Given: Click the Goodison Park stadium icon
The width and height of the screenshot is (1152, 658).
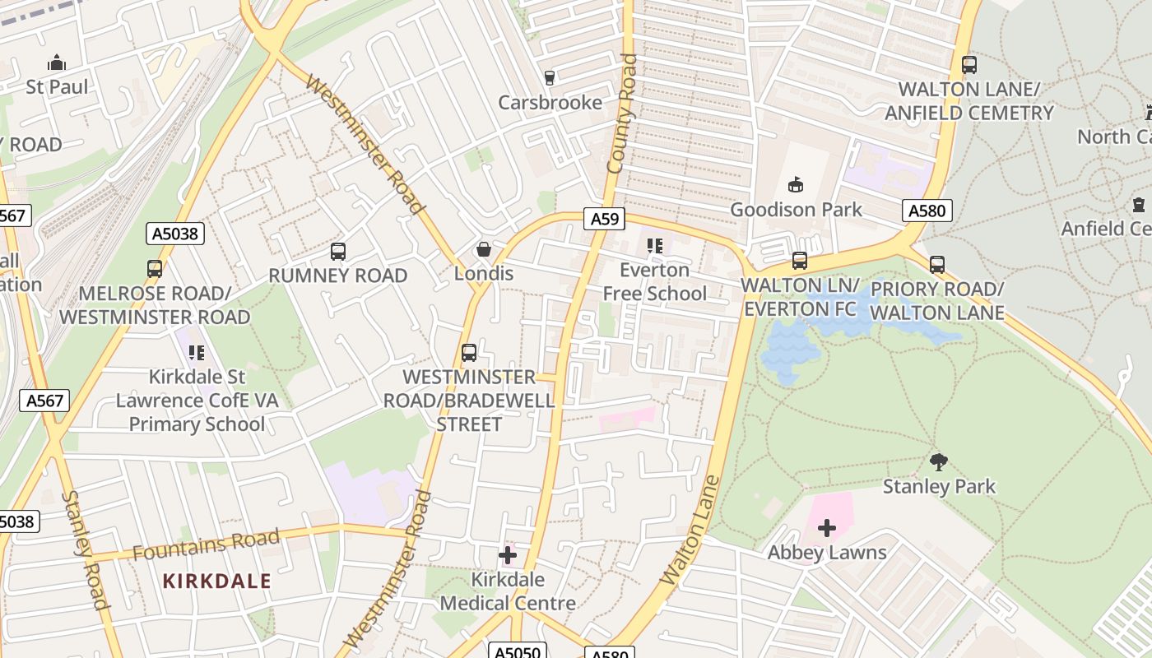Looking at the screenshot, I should pyautogui.click(x=795, y=185).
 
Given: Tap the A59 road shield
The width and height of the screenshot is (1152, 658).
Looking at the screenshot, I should pyautogui.click(x=605, y=219).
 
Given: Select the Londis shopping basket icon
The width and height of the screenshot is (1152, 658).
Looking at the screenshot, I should pyautogui.click(x=485, y=249).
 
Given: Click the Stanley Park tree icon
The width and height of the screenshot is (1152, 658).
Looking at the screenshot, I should pyautogui.click(x=938, y=462).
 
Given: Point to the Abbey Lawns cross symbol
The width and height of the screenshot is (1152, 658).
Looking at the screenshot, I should pyautogui.click(x=827, y=528).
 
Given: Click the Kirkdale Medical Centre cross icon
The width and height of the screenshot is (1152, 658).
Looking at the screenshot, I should pyautogui.click(x=508, y=555).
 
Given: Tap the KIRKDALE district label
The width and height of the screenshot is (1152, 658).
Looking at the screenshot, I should pyautogui.click(x=216, y=581).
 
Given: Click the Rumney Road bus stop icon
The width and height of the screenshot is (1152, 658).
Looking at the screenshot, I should pyautogui.click(x=338, y=252).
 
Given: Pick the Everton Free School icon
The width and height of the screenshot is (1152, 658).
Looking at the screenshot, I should pyautogui.click(x=655, y=246).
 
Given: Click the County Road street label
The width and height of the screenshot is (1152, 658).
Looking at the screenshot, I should pyautogui.click(x=622, y=114).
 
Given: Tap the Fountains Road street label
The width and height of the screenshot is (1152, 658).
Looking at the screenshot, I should pyautogui.click(x=206, y=545).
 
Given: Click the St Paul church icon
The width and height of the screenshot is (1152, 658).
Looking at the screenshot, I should pyautogui.click(x=57, y=63).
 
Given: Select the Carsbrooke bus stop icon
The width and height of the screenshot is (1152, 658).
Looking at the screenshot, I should pyautogui.click(x=550, y=78).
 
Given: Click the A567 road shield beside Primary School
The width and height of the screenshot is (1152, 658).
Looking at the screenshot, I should pyautogui.click(x=44, y=401).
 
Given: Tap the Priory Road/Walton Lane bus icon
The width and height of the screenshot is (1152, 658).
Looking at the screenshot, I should pyautogui.click(x=937, y=265).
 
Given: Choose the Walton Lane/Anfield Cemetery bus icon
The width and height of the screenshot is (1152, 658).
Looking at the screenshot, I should pyautogui.click(x=969, y=64).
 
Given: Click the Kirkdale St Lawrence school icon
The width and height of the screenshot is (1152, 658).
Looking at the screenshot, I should pyautogui.click(x=197, y=353).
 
